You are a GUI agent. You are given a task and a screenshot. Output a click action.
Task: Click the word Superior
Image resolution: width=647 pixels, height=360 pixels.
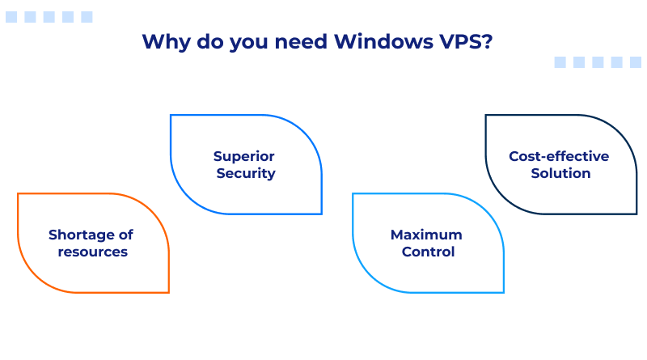[x=244, y=156]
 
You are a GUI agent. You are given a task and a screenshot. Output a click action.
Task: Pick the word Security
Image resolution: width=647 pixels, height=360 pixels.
[x=246, y=173]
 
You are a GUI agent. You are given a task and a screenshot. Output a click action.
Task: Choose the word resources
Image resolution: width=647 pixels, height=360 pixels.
[x=92, y=252]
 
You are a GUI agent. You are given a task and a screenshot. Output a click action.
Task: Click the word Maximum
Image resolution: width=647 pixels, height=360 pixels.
[x=426, y=235]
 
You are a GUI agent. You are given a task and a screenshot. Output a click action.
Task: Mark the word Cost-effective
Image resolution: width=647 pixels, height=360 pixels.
[x=559, y=156]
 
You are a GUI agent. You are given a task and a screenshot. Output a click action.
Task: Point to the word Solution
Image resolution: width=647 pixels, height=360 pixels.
[x=560, y=173]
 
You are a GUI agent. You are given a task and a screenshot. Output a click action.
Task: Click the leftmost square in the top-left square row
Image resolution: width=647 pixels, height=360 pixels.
[x=11, y=17]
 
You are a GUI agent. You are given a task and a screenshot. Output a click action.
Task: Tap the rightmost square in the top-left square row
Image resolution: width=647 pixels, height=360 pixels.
[x=87, y=17]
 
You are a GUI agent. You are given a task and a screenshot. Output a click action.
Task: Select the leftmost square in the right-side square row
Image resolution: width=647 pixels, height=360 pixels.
[x=560, y=62]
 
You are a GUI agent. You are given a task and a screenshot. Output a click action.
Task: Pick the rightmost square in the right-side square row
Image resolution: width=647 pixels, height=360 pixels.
[x=636, y=62]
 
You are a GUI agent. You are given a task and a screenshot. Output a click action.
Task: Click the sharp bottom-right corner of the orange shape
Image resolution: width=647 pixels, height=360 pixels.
[x=168, y=292]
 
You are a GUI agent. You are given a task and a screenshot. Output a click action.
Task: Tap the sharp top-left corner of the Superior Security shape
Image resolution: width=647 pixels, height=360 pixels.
[x=171, y=115]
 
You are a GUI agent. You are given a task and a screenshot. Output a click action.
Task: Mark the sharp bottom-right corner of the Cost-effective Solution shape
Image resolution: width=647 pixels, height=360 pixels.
[x=636, y=214]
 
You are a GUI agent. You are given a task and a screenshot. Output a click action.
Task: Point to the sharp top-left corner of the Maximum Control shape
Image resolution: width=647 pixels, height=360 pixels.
[x=353, y=193]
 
